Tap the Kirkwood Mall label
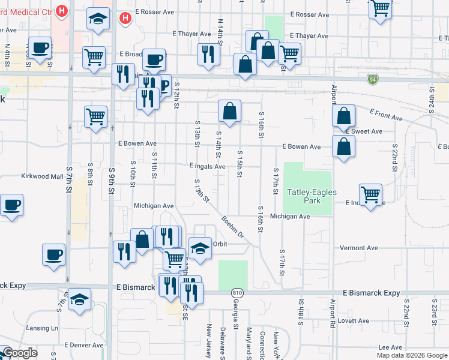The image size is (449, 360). tap(42, 176)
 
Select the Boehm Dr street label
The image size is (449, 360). tap(234, 226)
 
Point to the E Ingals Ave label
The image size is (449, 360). tap(206, 166)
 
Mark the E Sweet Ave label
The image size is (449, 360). tap(364, 131)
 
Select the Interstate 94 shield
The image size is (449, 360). tap(373, 79)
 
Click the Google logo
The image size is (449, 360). tap(19, 353)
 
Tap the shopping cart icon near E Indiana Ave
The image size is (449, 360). tap(371, 194)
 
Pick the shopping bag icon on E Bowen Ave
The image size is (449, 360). tap(343, 146)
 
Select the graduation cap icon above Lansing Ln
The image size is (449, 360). tap(79, 299)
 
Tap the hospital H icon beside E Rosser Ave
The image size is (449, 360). tap(125, 19)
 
